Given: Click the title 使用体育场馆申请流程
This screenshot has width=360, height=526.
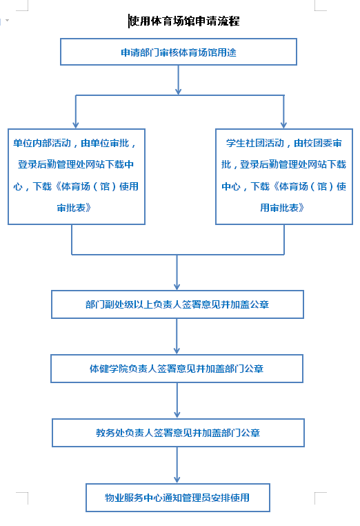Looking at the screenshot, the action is coord(184,21).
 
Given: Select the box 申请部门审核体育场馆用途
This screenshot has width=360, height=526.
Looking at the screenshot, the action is coord(179,52).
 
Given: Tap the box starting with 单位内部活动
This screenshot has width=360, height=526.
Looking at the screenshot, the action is coord(77,177).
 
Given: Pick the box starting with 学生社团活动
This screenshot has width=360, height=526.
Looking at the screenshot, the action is coord(284,177).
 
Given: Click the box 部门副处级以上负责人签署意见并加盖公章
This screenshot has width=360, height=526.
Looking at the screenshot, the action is coord(177,304).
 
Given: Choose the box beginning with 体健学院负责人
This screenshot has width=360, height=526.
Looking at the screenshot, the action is coord(177,369).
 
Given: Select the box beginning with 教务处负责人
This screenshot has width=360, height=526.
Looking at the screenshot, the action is coord(178,433).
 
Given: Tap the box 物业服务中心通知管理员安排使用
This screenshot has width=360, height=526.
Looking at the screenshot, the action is coord(178,498).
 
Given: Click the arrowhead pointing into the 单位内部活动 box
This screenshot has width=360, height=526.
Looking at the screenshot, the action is coord(76,126).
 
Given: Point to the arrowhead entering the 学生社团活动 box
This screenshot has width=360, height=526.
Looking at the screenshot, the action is coord(284,126).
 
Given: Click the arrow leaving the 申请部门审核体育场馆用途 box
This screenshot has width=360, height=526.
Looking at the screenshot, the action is coord(179,80).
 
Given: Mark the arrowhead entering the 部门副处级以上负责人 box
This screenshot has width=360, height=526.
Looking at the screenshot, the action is coord(177,287).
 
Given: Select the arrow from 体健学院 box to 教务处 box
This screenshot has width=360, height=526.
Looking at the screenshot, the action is coord(177,400).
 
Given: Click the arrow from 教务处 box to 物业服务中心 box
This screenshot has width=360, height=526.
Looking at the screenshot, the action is coord(177,465).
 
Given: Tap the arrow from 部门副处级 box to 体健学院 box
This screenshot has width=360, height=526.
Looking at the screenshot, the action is coord(177,336).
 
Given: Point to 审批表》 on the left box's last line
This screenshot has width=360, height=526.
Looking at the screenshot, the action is coord(74,208).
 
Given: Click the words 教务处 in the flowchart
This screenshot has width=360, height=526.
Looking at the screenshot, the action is coord(110,433).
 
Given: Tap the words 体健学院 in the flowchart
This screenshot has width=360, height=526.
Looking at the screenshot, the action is coord(109,369).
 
